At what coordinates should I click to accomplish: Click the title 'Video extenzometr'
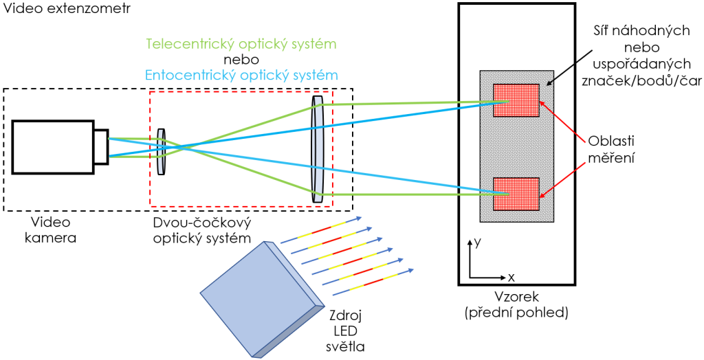(x=67, y=8)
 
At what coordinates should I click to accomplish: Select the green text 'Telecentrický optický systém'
(x=242, y=45)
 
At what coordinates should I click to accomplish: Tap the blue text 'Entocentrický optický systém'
(x=242, y=74)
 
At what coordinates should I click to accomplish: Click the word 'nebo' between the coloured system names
(x=242, y=60)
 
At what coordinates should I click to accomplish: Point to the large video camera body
(x=53, y=146)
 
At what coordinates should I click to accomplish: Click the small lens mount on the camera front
(x=101, y=146)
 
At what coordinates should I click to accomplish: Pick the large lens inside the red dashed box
(x=317, y=149)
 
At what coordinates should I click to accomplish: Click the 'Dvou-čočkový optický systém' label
(x=202, y=230)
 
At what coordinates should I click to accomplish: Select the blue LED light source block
(x=263, y=300)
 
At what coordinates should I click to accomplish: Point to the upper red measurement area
(x=516, y=100)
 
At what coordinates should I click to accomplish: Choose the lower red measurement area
(x=516, y=194)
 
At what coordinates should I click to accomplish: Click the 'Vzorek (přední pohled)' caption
(x=516, y=305)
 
